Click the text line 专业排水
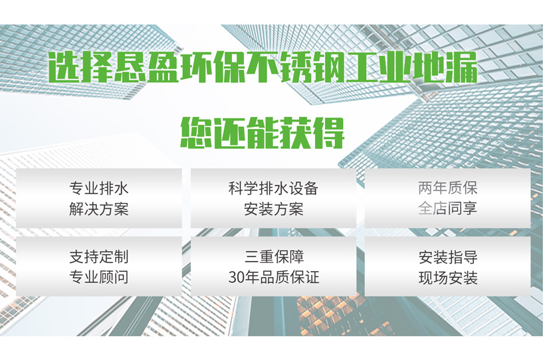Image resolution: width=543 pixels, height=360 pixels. pos(98,188)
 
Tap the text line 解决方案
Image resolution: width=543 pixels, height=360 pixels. pos(98,209)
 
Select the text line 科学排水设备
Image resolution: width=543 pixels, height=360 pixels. pos(273,188)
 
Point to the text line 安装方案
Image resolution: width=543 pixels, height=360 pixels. pos(273,209)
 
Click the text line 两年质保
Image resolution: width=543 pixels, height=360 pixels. pos(447,188)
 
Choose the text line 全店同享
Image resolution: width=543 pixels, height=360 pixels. pos(447,208)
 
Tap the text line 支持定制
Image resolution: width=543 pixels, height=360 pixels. pos(98,256)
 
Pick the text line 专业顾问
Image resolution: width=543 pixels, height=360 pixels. pos(98,277)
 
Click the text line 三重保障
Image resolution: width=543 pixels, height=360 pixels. pos(274,256)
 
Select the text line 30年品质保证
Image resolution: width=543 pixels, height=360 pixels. pos(274,277)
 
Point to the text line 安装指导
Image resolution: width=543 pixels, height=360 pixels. pos(448,257)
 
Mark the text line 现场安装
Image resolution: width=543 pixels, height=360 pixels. pos(448,278)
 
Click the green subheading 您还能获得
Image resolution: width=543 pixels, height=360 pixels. pos(262,133)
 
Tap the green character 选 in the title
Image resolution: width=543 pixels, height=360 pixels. pos(64,67)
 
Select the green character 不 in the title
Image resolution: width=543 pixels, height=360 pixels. pos(263,67)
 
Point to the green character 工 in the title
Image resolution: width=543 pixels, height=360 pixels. pos(362,67)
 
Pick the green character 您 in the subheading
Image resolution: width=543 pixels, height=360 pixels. pos(196,133)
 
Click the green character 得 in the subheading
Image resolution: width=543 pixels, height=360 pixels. pos(328,133)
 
